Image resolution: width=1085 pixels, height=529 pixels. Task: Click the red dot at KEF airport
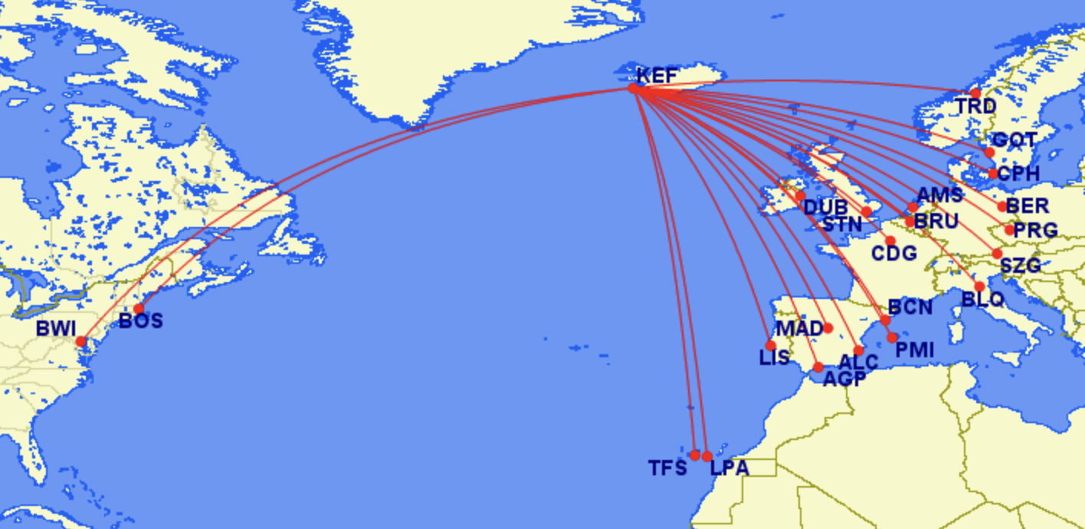(x=633, y=88)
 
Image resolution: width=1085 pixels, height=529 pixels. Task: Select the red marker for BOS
(x=139, y=309)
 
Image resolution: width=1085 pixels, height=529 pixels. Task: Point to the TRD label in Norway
(x=975, y=107)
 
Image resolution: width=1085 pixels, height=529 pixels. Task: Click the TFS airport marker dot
(x=695, y=455)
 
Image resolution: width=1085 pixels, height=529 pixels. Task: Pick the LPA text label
(x=729, y=468)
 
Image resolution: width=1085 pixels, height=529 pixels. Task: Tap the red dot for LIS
(x=771, y=346)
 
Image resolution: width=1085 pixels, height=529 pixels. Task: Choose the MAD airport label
(x=799, y=329)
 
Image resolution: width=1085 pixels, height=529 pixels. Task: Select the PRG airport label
(x=1035, y=230)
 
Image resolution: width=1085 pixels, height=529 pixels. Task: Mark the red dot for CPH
(x=993, y=174)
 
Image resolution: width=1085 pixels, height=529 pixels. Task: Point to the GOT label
(x=1014, y=141)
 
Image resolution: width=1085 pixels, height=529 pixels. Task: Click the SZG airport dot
(x=997, y=254)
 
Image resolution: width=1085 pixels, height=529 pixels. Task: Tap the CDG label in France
(x=894, y=253)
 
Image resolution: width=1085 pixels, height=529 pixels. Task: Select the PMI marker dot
(x=892, y=337)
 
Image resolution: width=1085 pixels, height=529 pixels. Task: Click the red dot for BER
(x=1002, y=206)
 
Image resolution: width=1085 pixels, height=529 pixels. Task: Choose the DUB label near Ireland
(x=825, y=208)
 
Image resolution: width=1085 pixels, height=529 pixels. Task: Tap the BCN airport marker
(x=885, y=320)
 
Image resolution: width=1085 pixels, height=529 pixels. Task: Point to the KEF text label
(x=657, y=75)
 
